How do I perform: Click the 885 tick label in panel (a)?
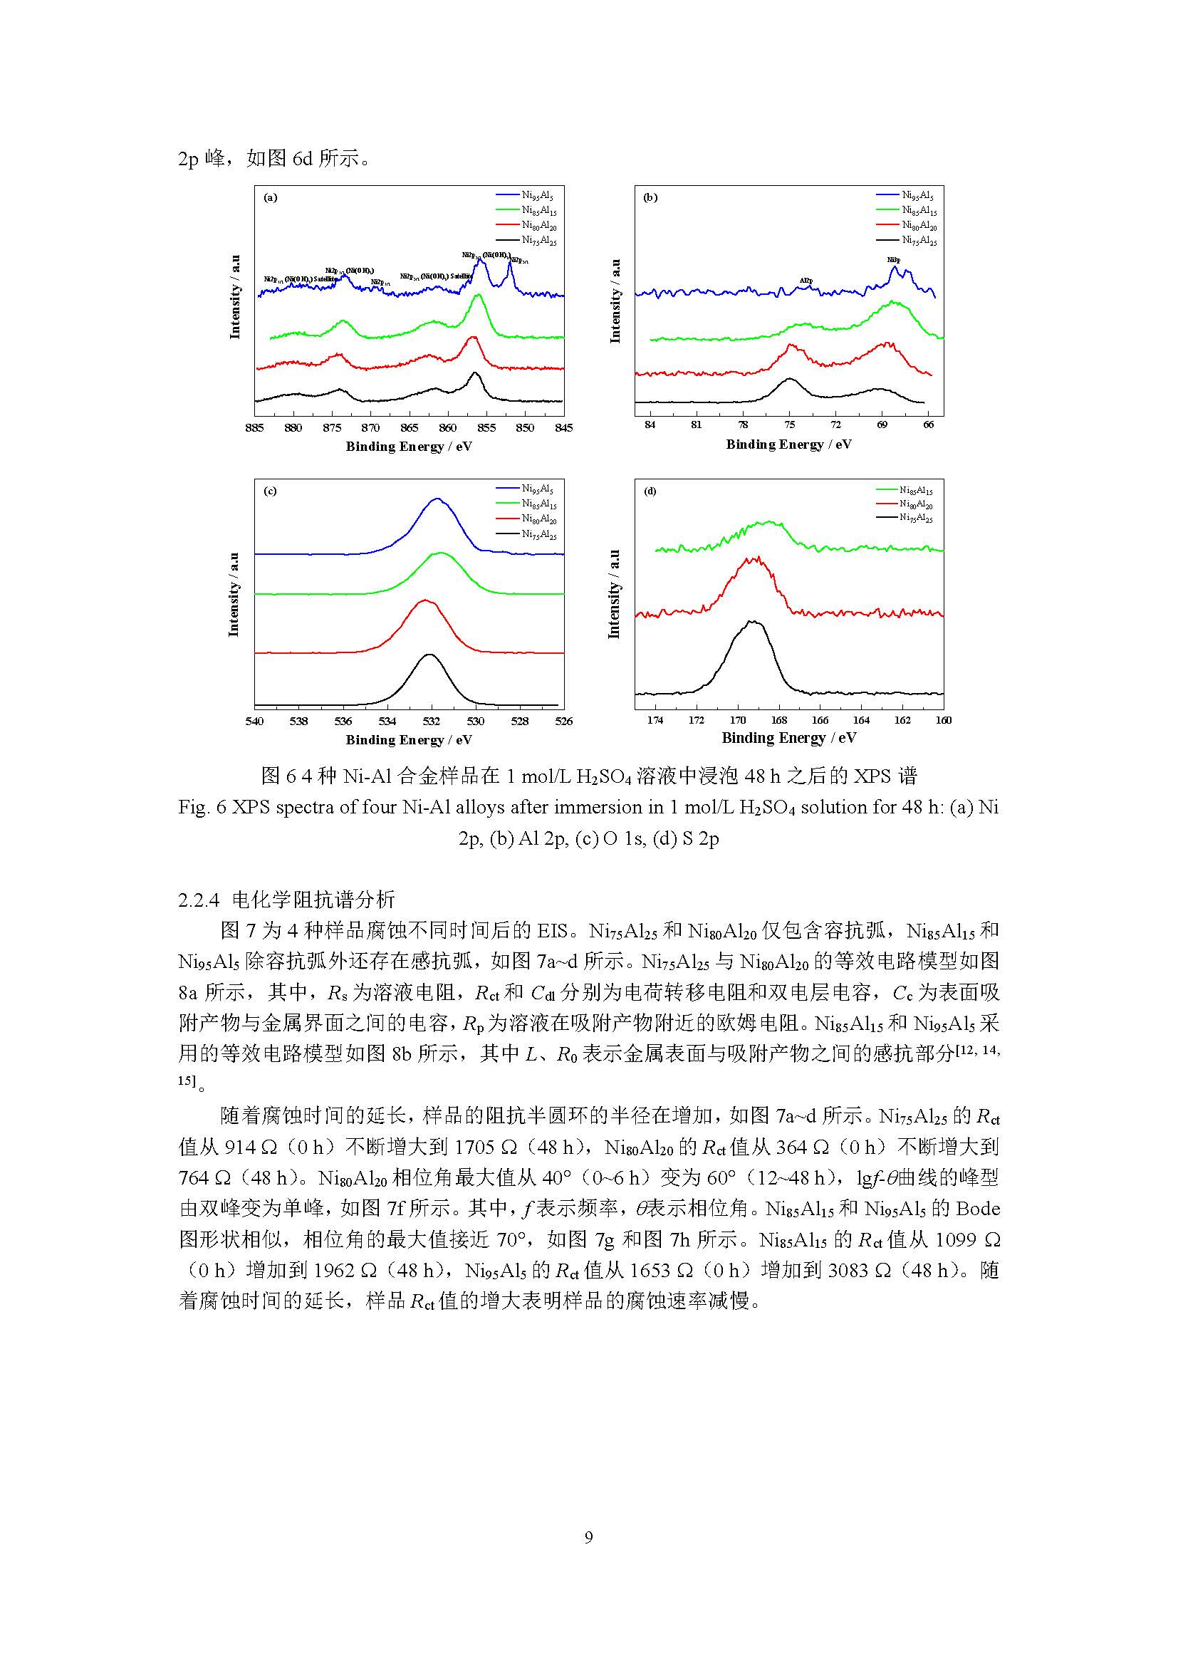point(254,427)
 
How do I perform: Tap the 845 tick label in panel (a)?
point(563,427)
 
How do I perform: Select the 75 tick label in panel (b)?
point(789,425)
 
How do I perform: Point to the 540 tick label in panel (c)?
point(254,721)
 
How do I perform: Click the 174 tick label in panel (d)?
point(655,720)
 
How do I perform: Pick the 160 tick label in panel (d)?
point(943,720)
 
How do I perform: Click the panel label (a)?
point(271,197)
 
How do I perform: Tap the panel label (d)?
point(650,491)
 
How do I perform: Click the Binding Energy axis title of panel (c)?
point(408,740)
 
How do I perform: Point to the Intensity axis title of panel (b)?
point(615,301)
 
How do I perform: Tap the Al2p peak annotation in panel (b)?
point(806,280)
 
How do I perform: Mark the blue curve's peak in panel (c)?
point(437,499)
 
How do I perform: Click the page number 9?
point(588,1537)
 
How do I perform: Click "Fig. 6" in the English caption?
point(202,808)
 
